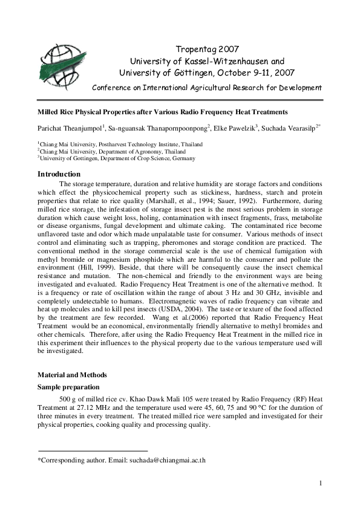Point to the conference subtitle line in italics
pos(207,87)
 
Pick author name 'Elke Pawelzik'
pos(235,128)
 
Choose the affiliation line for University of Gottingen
pos(116,158)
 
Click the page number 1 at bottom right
pos(321,482)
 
